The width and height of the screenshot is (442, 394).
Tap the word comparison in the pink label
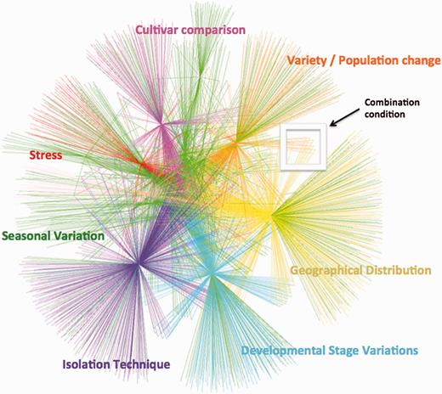pos(215,31)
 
